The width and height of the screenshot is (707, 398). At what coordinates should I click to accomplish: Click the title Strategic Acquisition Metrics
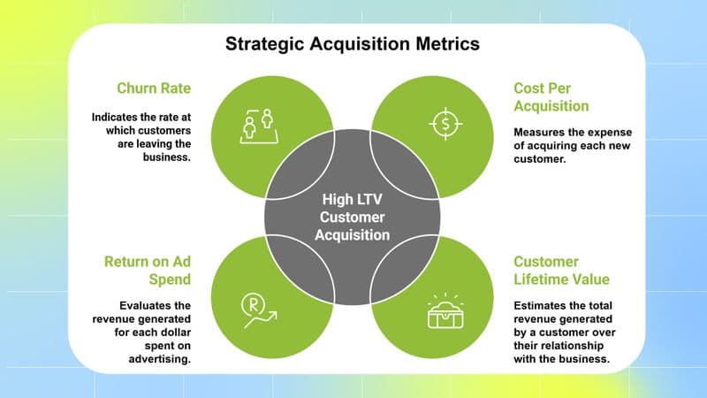point(353,43)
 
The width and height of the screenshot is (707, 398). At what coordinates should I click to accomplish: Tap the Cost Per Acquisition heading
point(551,97)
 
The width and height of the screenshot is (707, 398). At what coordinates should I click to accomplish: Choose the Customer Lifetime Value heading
point(559,271)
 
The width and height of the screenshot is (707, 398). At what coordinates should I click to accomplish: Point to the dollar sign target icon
point(446,124)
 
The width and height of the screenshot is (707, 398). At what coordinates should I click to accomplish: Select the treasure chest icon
point(446,311)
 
